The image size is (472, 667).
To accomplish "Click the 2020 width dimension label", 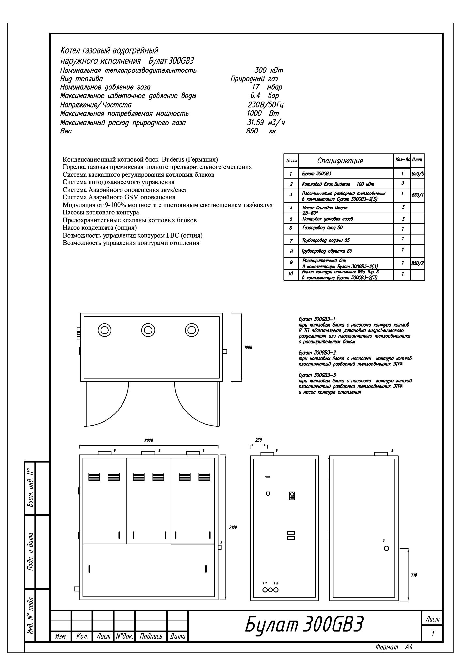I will click(149, 440).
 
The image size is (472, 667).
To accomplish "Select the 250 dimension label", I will click(258, 440).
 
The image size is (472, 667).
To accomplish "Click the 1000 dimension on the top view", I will click(248, 348).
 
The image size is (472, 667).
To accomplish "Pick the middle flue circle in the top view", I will click(148, 330).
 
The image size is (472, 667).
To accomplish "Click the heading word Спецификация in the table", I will click(340, 161).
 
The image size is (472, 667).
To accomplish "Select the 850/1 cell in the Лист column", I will click(417, 195).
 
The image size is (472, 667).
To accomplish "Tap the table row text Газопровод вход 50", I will click(323, 228).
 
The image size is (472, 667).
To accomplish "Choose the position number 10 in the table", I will click(291, 274).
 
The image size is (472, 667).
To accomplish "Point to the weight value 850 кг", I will click(261, 131).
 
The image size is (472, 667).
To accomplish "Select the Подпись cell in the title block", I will click(151, 636).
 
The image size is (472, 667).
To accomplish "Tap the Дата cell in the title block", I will click(178, 636).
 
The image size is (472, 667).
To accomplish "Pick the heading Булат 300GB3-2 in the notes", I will click(317, 353).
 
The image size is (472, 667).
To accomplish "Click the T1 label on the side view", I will click(265, 583).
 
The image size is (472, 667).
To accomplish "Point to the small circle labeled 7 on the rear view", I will click(387, 548).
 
